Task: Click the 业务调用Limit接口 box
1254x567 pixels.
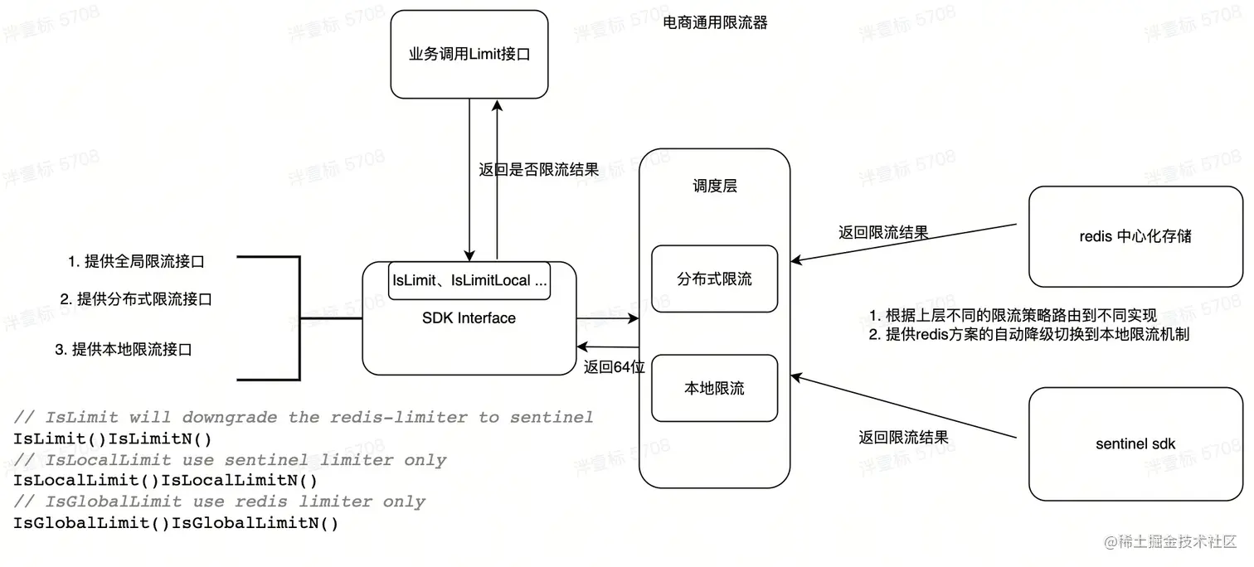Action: click(469, 55)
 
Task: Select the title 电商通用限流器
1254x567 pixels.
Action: click(716, 23)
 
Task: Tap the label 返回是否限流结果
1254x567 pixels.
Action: click(538, 170)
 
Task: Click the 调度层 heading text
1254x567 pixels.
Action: click(714, 187)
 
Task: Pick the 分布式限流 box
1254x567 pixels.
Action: click(714, 279)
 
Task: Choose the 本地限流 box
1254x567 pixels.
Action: click(714, 388)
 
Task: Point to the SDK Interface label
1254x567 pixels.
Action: click(469, 318)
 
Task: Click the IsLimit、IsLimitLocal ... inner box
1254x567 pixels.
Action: click(470, 281)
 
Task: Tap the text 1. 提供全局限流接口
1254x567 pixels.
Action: click(136, 262)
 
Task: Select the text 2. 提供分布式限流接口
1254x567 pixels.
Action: click(136, 299)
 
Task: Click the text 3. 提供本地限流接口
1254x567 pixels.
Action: click(124, 350)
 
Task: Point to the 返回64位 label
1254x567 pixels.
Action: click(614, 367)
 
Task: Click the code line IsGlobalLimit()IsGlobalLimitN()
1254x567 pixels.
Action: click(176, 523)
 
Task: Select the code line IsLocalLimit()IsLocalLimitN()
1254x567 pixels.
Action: click(165, 481)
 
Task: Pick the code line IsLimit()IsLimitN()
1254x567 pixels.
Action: click(112, 439)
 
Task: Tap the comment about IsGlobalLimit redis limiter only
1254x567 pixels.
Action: click(220, 502)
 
